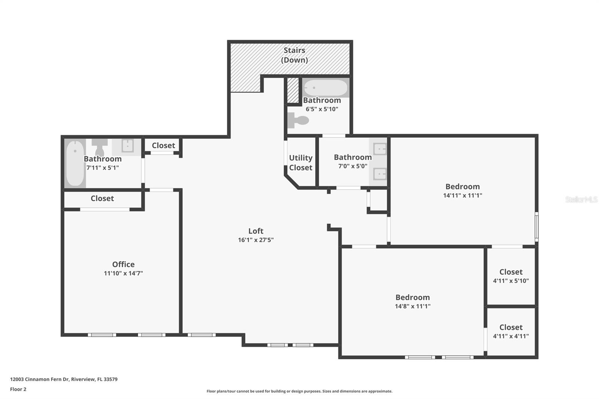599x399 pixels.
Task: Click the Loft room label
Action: click(x=256, y=231)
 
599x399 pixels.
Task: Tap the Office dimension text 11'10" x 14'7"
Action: click(x=123, y=274)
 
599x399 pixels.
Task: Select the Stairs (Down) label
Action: click(x=294, y=55)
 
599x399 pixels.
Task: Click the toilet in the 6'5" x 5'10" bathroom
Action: click(x=298, y=121)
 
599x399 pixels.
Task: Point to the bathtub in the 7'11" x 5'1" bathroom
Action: click(x=75, y=163)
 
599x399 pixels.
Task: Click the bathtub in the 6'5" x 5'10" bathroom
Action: click(x=325, y=88)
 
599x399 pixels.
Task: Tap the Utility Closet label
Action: click(x=301, y=163)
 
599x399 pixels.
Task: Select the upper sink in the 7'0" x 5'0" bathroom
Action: click(x=380, y=149)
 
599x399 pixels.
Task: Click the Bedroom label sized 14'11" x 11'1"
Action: click(x=462, y=186)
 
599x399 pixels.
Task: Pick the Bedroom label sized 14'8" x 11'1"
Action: click(x=413, y=297)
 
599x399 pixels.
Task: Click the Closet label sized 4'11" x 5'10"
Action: click(x=511, y=272)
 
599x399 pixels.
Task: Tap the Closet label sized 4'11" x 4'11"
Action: click(x=511, y=327)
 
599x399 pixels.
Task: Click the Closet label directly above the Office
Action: click(x=102, y=198)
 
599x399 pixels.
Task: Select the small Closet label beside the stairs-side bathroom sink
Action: click(x=163, y=145)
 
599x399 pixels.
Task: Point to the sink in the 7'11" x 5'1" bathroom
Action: click(x=127, y=146)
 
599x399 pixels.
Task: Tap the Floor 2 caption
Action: click(x=18, y=389)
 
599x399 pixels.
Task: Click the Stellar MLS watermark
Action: click(x=581, y=199)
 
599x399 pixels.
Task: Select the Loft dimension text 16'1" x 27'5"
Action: click(x=256, y=240)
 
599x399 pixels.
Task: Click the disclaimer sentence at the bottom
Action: click(x=299, y=391)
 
